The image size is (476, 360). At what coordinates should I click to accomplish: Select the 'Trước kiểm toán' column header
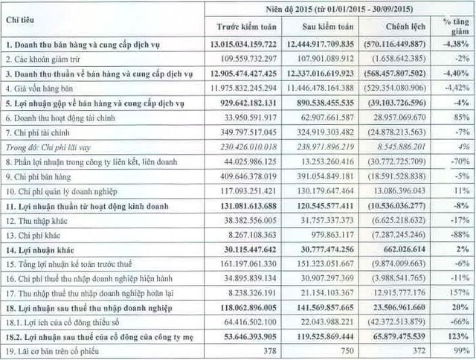(242, 28)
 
